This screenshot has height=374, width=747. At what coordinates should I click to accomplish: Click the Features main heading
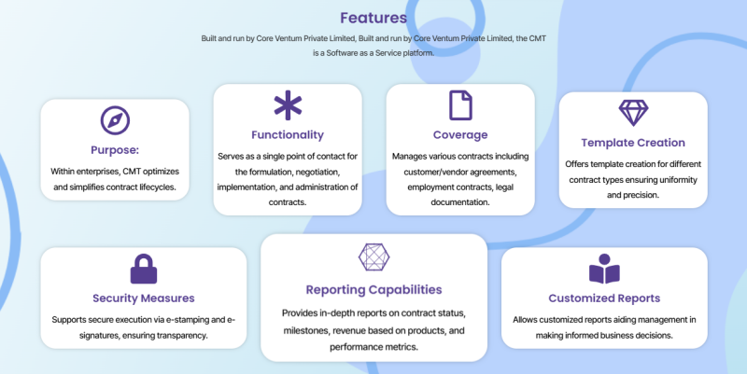(373, 18)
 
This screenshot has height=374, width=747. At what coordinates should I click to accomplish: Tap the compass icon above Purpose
(115, 120)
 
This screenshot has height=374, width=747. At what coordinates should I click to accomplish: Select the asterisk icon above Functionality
(288, 105)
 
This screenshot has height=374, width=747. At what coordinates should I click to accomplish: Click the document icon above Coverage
(460, 105)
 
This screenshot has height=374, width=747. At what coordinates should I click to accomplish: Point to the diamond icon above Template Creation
(633, 113)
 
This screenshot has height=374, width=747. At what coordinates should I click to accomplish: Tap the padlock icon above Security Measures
(144, 269)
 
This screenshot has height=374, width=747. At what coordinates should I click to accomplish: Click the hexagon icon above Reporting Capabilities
(374, 257)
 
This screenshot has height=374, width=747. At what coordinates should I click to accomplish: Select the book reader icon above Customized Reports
(604, 269)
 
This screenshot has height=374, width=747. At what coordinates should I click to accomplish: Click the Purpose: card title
(115, 150)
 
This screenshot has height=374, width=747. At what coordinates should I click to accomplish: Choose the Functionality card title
(288, 135)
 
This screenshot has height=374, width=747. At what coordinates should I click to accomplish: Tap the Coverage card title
(460, 135)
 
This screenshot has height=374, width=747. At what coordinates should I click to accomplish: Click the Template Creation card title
(633, 143)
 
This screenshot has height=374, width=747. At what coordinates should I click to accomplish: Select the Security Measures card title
(144, 298)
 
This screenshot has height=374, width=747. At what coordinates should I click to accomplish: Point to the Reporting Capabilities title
(374, 290)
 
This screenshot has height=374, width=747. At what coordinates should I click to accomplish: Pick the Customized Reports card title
(604, 298)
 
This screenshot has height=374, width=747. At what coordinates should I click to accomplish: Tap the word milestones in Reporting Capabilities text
(305, 331)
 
